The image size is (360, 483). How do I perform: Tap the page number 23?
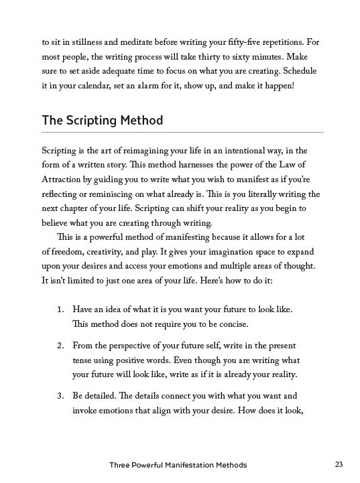pyautogui.click(x=339, y=464)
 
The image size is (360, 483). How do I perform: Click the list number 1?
pyautogui.click(x=60, y=309)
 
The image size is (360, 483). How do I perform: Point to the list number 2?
pyautogui.click(x=60, y=345)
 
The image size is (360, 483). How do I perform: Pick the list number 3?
pyautogui.click(x=60, y=396)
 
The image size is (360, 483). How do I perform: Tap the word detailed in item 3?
pyautogui.click(x=109, y=396)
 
